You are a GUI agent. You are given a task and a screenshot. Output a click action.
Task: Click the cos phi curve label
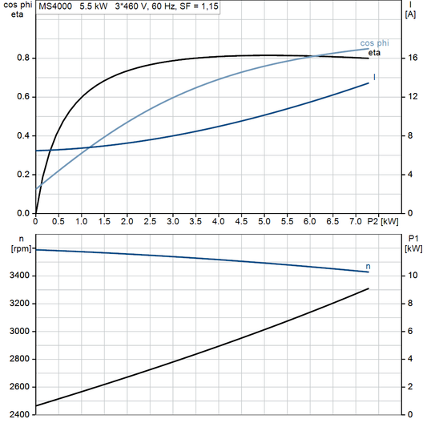tap(374, 42)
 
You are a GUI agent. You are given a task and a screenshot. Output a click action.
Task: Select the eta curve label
tap(374, 53)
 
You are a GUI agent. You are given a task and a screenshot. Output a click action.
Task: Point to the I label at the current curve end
tap(375, 77)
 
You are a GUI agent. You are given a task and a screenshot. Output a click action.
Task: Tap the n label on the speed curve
tap(368, 265)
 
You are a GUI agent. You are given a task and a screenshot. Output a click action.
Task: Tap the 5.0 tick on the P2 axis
tap(265, 220)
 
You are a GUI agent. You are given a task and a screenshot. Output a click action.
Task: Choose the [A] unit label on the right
tap(410, 14)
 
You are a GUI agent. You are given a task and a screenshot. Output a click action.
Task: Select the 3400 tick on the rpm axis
tap(17, 276)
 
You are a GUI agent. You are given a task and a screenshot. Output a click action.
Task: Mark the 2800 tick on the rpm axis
tap(17, 359)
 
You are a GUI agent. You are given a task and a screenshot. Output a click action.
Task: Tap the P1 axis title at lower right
tap(411, 239)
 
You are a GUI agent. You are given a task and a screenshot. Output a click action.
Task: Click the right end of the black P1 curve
tap(369, 288)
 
